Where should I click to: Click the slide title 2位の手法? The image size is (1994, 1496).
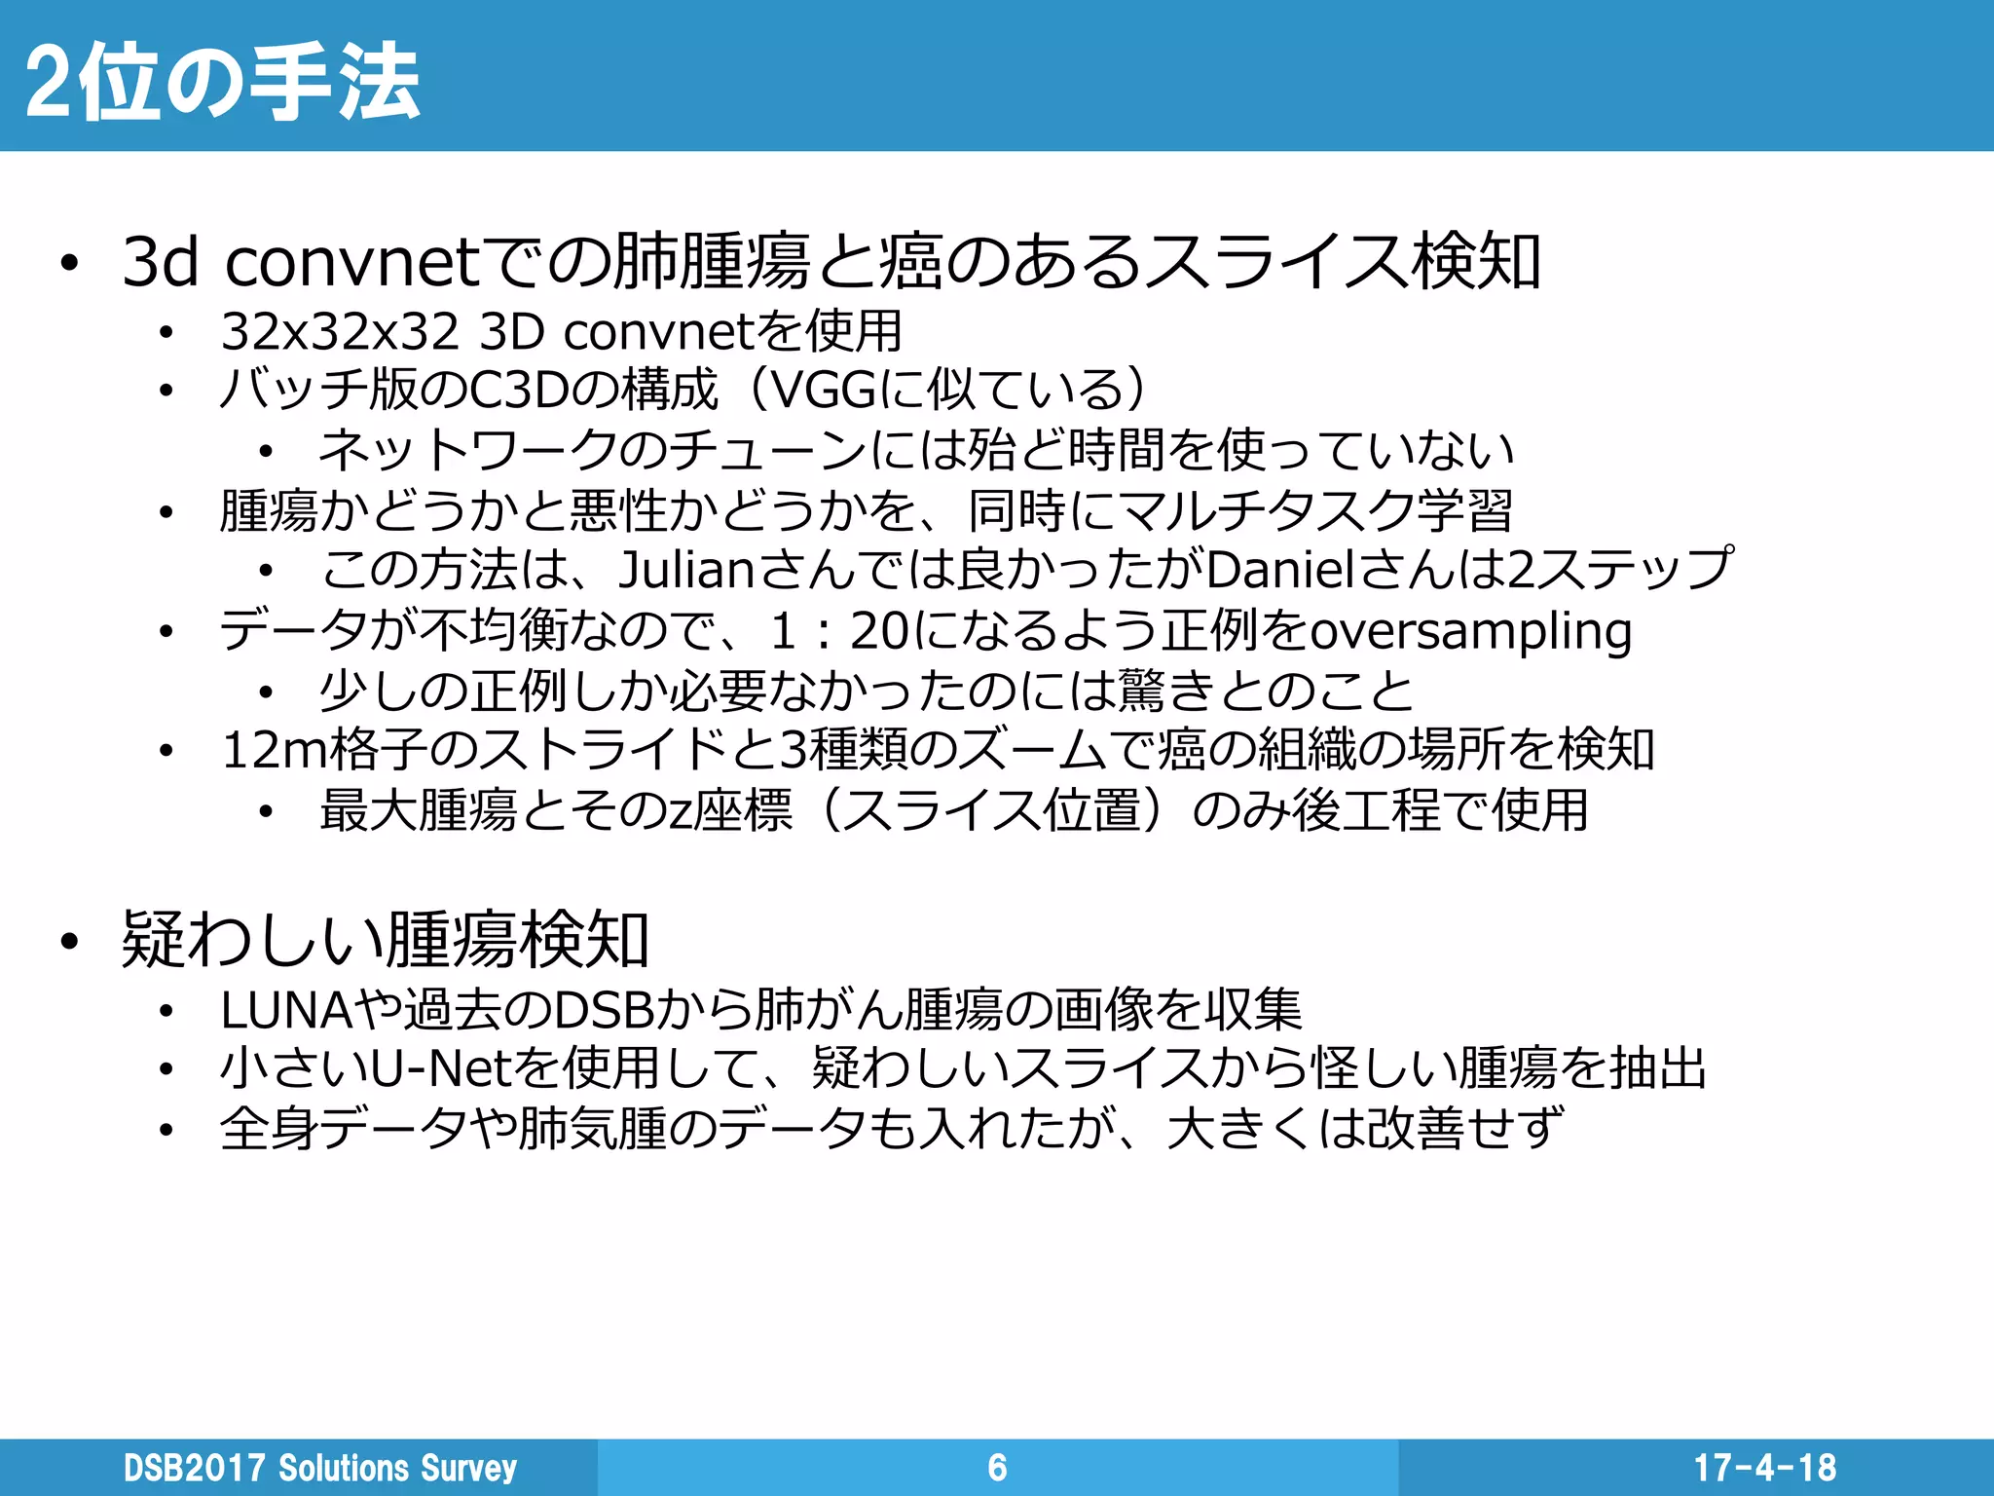coord(222,82)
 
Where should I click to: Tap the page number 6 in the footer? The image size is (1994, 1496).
coord(997,1468)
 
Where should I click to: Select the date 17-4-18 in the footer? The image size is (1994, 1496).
coord(1764,1468)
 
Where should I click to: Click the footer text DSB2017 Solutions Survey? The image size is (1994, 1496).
coord(319,1468)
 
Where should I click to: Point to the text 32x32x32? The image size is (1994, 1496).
coord(340,332)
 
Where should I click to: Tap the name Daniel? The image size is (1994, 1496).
coord(1280,571)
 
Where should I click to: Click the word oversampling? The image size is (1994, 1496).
coord(1471,631)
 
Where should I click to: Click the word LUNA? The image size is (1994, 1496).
coord(285,1010)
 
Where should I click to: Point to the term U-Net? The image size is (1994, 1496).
coord(442,1069)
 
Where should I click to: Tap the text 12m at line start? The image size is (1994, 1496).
coord(274,751)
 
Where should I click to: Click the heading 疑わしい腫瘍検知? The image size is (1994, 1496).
coord(385,941)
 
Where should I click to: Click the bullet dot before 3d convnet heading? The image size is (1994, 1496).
coord(67,264)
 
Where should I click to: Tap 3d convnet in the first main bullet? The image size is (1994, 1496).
coord(302,263)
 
